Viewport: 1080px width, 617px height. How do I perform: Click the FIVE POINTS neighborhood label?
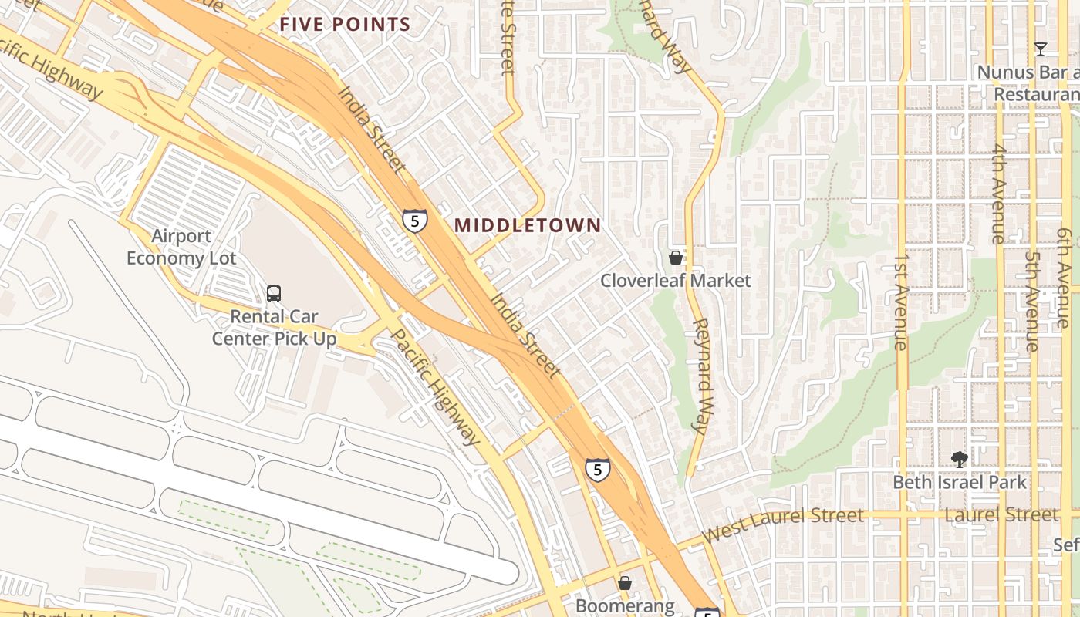[x=345, y=24]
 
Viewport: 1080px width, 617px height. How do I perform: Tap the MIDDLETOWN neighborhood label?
[x=528, y=225]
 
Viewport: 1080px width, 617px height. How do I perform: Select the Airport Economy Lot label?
[x=181, y=247]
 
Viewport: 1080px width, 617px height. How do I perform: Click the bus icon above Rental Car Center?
[x=274, y=293]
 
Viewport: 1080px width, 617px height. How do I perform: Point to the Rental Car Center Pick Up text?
[x=275, y=327]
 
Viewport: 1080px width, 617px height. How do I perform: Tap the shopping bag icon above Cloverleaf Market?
[x=676, y=257]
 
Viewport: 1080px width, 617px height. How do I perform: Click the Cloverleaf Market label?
[x=676, y=280]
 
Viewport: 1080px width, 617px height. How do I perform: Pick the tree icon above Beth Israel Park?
[x=960, y=460]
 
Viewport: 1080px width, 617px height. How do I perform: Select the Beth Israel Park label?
[x=960, y=483]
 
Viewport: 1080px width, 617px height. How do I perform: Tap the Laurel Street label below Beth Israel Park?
[x=1001, y=514]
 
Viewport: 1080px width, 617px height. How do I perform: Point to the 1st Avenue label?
[x=901, y=302]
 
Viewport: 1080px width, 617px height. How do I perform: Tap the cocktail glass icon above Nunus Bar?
[x=1041, y=49]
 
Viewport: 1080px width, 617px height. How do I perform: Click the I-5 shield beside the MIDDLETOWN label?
[x=415, y=221]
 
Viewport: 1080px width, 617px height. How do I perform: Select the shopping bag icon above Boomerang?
[x=625, y=583]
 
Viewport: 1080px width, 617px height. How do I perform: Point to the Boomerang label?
[x=625, y=606]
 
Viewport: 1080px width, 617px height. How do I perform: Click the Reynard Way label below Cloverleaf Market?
[x=700, y=375]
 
